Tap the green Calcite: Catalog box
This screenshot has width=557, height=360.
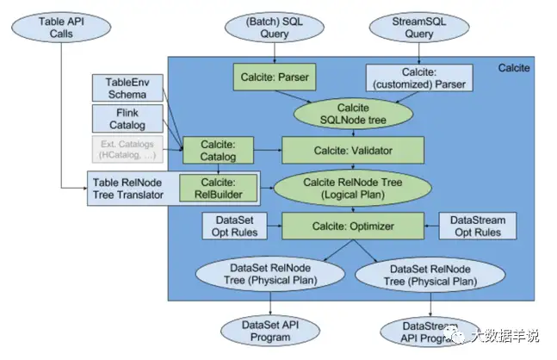coord(216,150)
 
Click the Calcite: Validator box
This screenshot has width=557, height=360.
coord(353,151)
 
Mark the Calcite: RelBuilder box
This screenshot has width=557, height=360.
coord(217,187)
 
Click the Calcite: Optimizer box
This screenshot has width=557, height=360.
coord(353,226)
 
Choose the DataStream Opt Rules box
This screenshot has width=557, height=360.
coord(477,227)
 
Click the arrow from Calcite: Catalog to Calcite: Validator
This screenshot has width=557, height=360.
coord(268,151)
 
